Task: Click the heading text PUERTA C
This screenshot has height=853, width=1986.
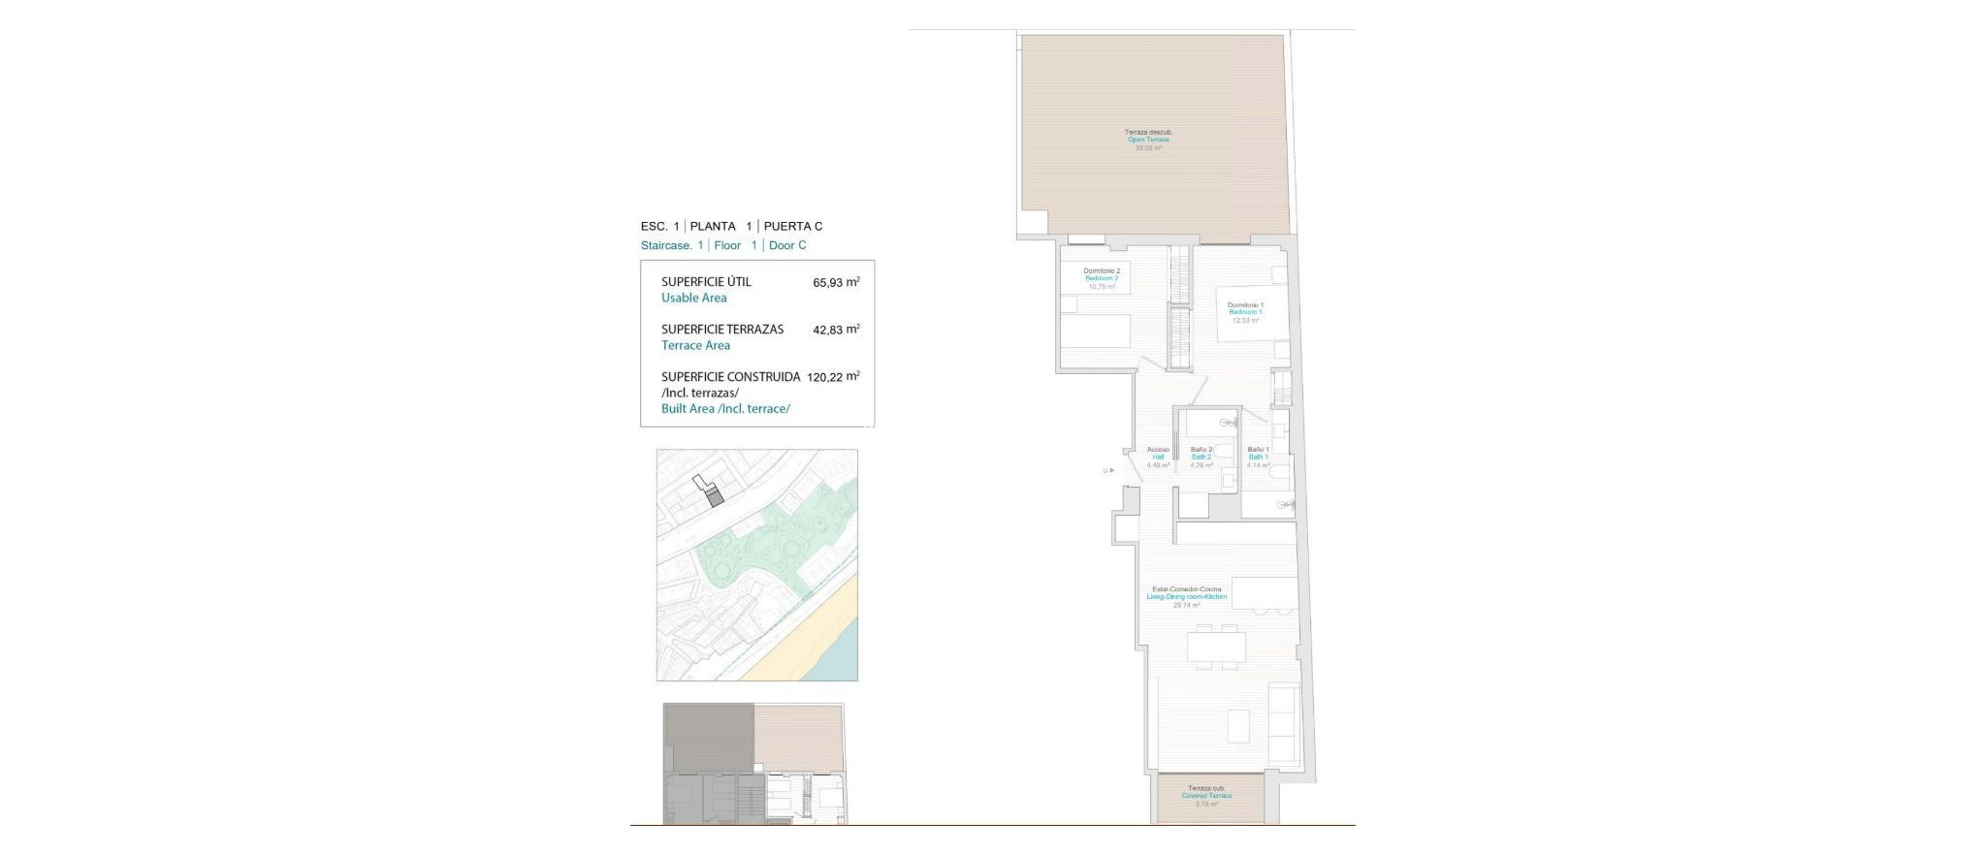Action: point(792,227)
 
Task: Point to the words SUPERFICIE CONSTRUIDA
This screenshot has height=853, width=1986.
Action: point(730,377)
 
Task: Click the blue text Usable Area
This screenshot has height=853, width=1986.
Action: point(693,299)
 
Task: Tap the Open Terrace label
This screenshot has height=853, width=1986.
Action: point(1148,140)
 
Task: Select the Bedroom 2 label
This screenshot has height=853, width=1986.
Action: point(1101,278)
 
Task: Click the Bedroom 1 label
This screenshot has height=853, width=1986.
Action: point(1245,312)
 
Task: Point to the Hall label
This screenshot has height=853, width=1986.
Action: point(1158,458)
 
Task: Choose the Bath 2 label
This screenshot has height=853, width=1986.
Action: point(1201,458)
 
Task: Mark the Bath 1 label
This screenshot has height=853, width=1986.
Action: point(1258,458)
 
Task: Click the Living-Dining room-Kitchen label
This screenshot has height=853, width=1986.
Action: point(1186,597)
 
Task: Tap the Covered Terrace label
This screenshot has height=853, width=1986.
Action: point(1206,796)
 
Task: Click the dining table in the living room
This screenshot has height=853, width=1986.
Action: point(1216,648)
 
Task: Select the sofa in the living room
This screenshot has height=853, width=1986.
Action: point(1283,723)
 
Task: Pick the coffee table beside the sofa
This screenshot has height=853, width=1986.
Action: point(1238,725)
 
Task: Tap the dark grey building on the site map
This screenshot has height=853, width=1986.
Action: point(715,499)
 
